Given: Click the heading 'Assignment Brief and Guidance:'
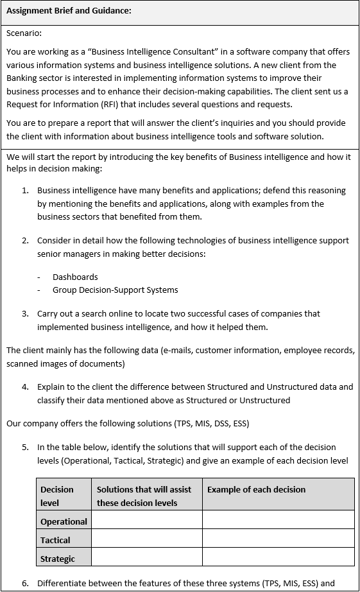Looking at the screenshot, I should (x=69, y=10).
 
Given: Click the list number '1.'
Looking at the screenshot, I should (x=26, y=190).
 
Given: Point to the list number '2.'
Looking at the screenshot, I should (x=26, y=240).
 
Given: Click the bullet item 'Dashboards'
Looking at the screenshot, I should (x=75, y=277).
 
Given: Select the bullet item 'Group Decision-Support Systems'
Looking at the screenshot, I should (x=116, y=290).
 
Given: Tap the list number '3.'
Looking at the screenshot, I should (x=26, y=313).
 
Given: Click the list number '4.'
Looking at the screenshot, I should (x=26, y=387).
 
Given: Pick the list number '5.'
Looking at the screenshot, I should (x=26, y=447).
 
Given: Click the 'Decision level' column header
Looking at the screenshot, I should (x=57, y=496).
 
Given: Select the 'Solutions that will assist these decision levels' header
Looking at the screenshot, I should (x=144, y=496).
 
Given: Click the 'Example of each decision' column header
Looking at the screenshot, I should (x=256, y=489).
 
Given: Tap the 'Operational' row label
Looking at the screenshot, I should (x=64, y=521).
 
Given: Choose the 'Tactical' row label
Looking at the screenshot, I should (x=55, y=540).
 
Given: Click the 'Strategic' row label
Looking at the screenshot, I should (x=58, y=559).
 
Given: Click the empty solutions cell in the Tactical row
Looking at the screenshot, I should (x=147, y=539).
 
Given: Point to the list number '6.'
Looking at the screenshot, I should (x=26, y=583).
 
